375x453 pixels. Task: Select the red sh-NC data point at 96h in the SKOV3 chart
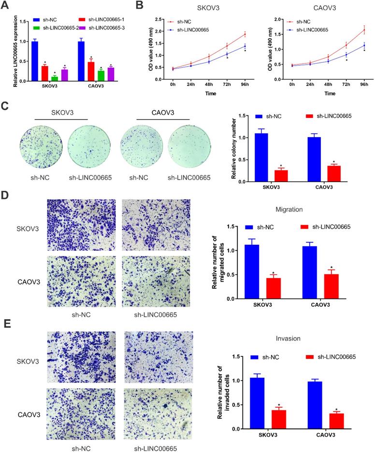pos(245,34)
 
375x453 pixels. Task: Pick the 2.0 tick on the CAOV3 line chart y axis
pos(277,20)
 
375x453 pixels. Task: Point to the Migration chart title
pos(288,210)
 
